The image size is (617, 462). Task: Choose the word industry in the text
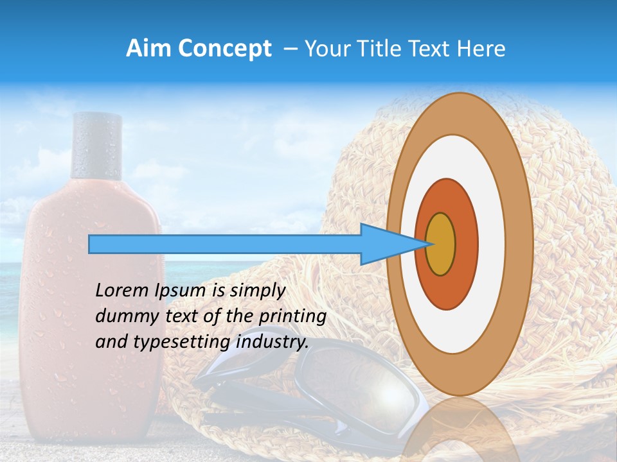click(x=272, y=342)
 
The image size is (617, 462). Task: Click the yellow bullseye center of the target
click(x=440, y=244)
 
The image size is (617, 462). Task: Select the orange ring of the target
click(x=466, y=244)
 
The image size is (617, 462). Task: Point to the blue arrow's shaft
click(x=225, y=244)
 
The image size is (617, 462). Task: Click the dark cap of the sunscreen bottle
click(x=97, y=146)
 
